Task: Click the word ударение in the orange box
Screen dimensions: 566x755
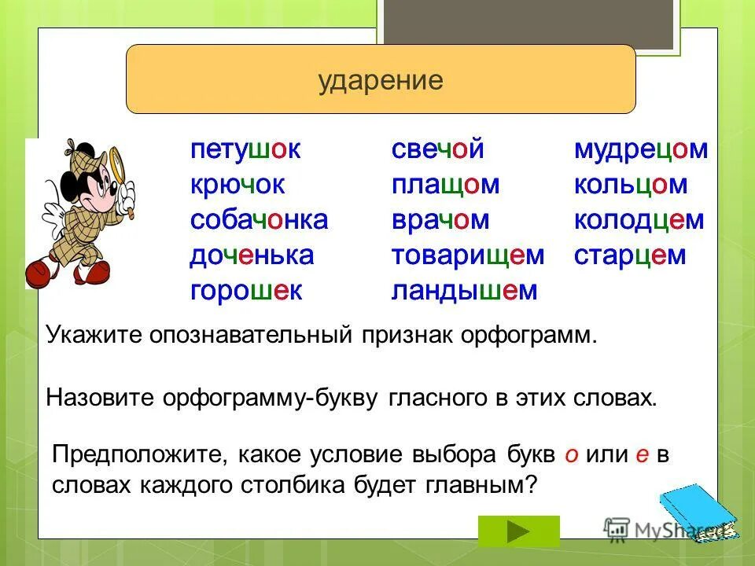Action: (x=381, y=81)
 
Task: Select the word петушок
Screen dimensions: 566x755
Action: (x=245, y=149)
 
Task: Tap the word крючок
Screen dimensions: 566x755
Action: (x=237, y=185)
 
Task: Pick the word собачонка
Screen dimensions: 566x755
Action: (x=259, y=220)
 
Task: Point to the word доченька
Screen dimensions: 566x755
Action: (x=252, y=255)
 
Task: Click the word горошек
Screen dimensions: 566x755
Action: (x=246, y=291)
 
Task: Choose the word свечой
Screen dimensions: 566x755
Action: (x=436, y=149)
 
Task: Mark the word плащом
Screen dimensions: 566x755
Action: (x=445, y=185)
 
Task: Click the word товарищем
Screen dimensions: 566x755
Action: (x=467, y=255)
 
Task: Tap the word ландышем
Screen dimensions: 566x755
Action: (x=464, y=291)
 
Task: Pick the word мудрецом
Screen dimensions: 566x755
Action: (x=641, y=149)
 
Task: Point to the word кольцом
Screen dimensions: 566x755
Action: (x=631, y=185)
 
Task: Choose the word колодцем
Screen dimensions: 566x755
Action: (x=639, y=220)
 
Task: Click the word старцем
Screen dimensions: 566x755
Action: (x=630, y=255)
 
